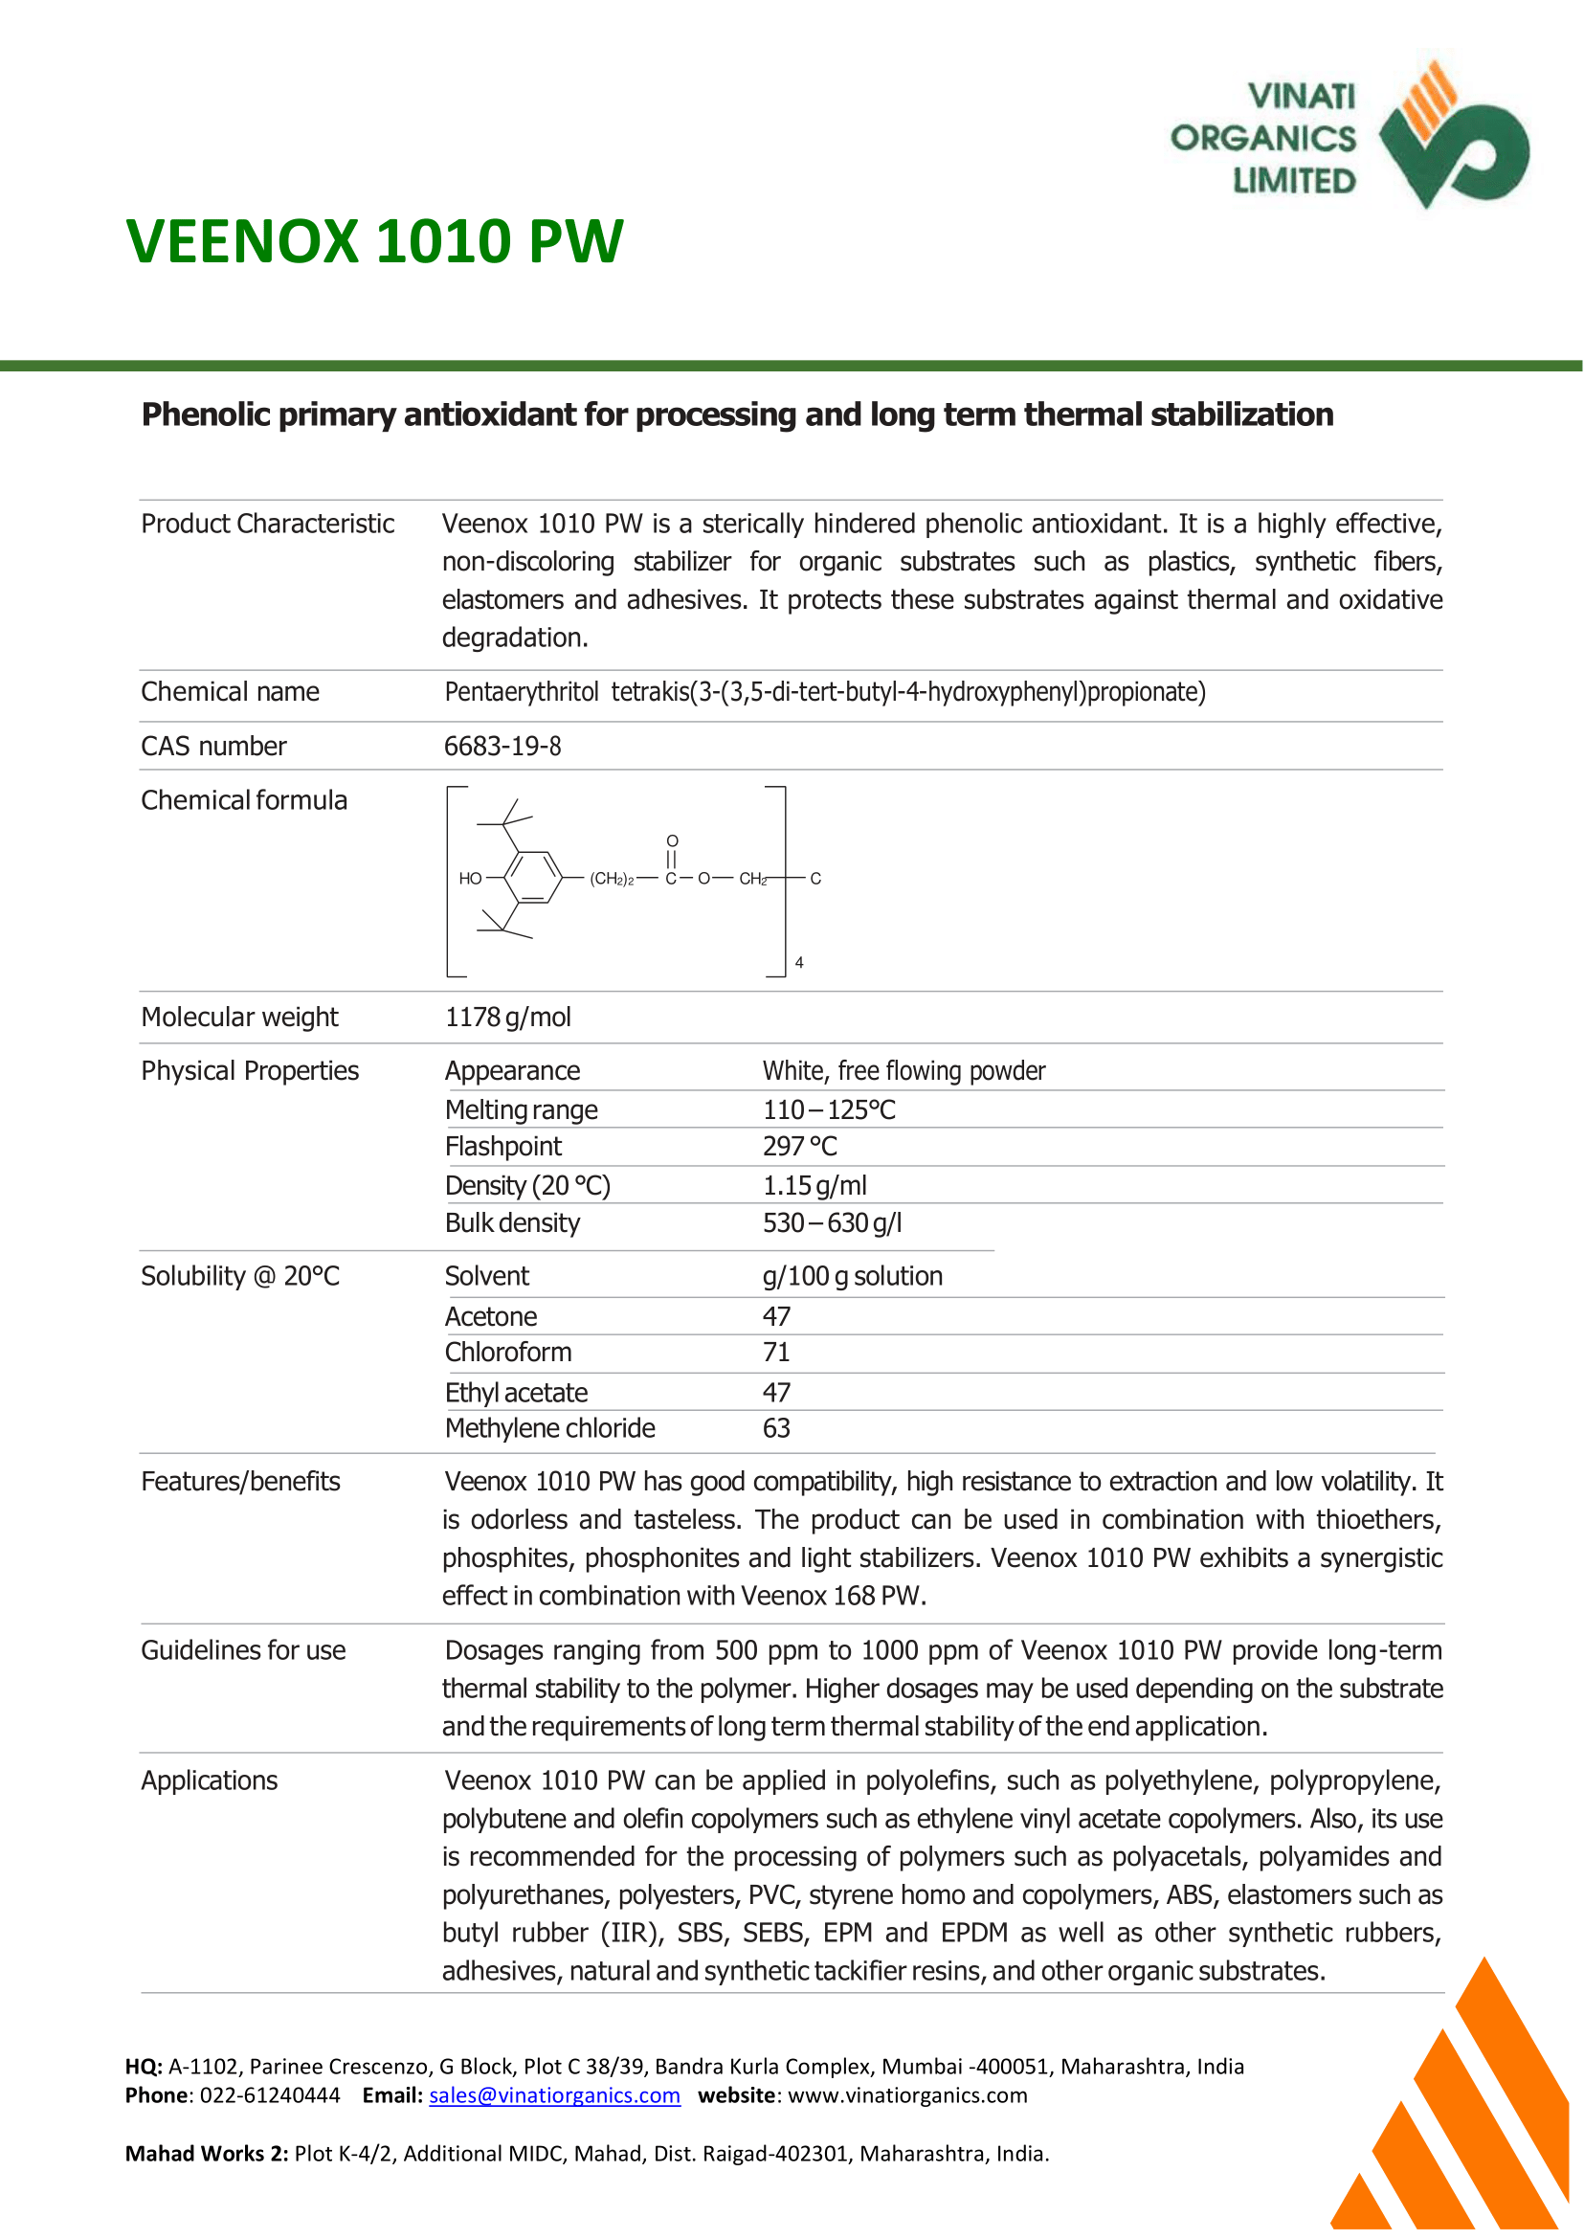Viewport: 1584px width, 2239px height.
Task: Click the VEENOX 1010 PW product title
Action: pyautogui.click(x=374, y=241)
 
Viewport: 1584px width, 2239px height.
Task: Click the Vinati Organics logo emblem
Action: pyautogui.click(x=1453, y=137)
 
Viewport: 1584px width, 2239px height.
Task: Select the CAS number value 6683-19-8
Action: pyautogui.click(x=502, y=747)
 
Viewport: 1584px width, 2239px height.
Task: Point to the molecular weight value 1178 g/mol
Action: pyautogui.click(x=508, y=1018)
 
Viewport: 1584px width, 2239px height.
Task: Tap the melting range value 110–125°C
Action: pyautogui.click(x=829, y=1110)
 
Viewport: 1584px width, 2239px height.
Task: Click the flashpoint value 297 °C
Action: pyautogui.click(x=800, y=1148)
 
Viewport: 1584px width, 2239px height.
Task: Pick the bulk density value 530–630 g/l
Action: pyautogui.click(x=832, y=1223)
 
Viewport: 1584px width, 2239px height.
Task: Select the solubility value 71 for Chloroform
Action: pyautogui.click(x=776, y=1354)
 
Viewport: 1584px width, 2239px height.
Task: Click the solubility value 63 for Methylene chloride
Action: pyautogui.click(x=776, y=1429)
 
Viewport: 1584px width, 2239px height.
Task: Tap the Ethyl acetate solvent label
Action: pyautogui.click(x=516, y=1393)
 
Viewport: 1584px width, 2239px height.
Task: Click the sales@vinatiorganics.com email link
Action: pyautogui.click(x=554, y=2095)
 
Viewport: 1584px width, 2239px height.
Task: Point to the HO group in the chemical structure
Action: pyautogui.click(x=470, y=879)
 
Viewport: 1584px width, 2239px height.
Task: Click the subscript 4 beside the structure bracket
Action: pyautogui.click(x=799, y=963)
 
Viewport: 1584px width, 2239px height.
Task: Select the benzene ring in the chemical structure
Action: pyautogui.click(x=532, y=878)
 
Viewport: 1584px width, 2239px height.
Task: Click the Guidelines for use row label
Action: pyautogui.click(x=243, y=1650)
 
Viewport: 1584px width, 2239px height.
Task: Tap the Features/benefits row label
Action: pyautogui.click(x=240, y=1482)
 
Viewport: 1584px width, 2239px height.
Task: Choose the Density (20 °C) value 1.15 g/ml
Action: pyautogui.click(x=814, y=1186)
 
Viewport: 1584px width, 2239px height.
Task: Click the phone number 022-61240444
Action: pyautogui.click(x=270, y=2095)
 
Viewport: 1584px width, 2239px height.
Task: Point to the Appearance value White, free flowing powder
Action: pyautogui.click(x=904, y=1071)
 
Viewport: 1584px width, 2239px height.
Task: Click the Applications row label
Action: pyautogui.click(x=209, y=1781)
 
